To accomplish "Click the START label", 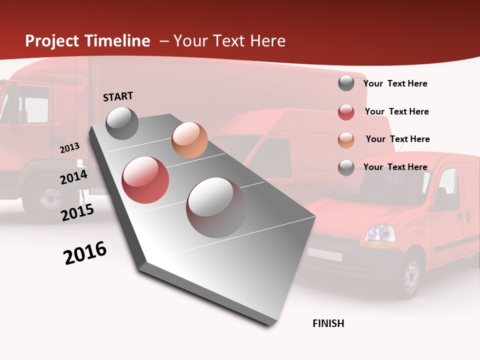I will coord(118,96).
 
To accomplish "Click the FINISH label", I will coord(328,323).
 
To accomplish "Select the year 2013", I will coord(69,148).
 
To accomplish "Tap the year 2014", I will coord(73,177).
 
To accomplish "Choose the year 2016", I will coord(85,253).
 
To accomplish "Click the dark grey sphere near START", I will coord(122,123).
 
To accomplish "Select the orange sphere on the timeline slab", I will coord(189,140).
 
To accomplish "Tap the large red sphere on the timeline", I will coord(145,180).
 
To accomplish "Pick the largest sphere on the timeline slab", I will coord(216,207).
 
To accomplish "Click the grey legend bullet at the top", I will coord(346,83).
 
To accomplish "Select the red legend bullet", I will coord(346,112).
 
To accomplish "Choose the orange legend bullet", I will coord(346,140).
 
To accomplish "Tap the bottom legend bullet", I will coord(346,167).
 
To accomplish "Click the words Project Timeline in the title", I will coord(87,41).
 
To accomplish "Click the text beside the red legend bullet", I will coord(396,111).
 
